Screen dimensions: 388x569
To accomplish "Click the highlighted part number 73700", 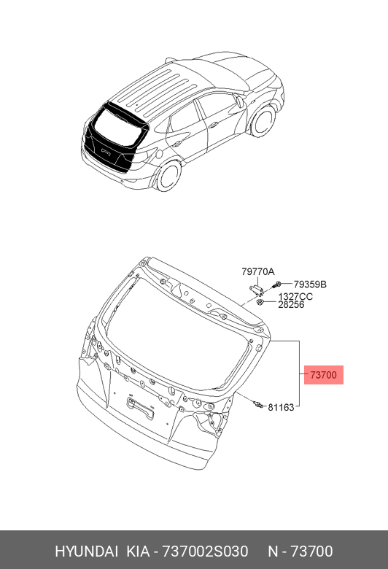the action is click(x=323, y=374).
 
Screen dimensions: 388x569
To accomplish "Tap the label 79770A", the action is click(x=258, y=271).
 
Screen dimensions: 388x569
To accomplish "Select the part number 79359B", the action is click(x=310, y=284).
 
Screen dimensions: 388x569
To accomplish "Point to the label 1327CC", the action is click(x=295, y=296).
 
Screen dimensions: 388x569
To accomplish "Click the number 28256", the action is click(x=291, y=304).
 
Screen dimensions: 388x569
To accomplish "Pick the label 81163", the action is click(x=281, y=407).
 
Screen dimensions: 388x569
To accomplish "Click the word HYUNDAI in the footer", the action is click(x=86, y=551).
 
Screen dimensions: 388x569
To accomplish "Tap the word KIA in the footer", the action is click(x=138, y=551).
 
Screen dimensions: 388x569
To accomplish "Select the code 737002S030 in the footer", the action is click(x=205, y=551).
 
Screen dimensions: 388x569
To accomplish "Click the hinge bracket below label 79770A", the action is click(x=256, y=289).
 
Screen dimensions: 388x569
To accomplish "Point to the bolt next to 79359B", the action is click(x=277, y=284).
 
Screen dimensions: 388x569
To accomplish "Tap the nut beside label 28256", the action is click(x=260, y=302).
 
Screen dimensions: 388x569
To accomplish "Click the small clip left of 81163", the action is click(x=257, y=403).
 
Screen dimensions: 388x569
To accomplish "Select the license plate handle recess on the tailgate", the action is click(x=140, y=408).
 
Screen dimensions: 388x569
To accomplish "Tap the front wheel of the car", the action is click(x=263, y=121).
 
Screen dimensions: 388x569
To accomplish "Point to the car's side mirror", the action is click(x=239, y=101).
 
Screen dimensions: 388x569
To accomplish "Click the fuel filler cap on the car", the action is click(x=158, y=153).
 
